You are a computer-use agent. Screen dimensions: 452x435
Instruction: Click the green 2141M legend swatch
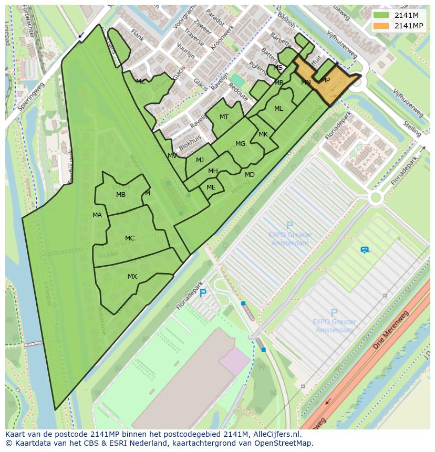coord(381,15)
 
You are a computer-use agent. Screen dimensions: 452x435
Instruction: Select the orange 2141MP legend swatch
coord(381,26)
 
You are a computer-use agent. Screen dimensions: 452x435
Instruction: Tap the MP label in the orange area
coord(325,80)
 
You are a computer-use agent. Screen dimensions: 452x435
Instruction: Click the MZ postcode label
coord(140,81)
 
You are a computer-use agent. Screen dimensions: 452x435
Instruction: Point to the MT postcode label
coord(224,117)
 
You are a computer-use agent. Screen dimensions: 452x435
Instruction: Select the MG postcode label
coord(240,143)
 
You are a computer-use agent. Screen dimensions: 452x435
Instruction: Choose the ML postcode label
coord(278,109)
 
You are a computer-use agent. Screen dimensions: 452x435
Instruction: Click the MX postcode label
coord(132,276)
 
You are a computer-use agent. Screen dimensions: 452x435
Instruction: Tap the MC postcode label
coord(130,238)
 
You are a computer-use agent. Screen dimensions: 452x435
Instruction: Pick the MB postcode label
coord(121,195)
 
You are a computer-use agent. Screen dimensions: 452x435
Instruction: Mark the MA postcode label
coord(97,215)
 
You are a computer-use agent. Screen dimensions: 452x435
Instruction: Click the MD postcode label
coord(250,174)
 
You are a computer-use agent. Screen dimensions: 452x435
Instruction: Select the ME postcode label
coord(211,187)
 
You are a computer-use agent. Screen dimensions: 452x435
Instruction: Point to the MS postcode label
coord(278,67)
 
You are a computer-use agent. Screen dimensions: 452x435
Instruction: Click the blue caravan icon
coord(365,250)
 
